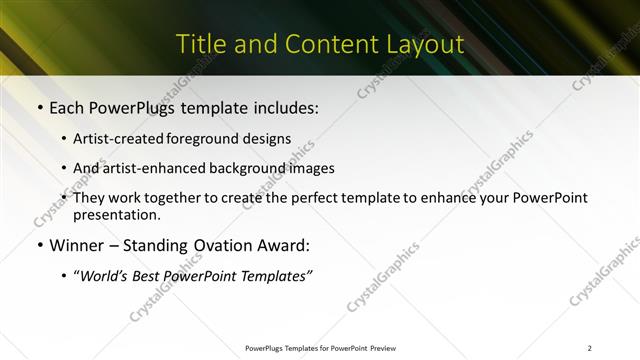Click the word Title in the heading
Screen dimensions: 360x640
coord(200,45)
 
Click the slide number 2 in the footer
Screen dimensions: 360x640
coord(589,348)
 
